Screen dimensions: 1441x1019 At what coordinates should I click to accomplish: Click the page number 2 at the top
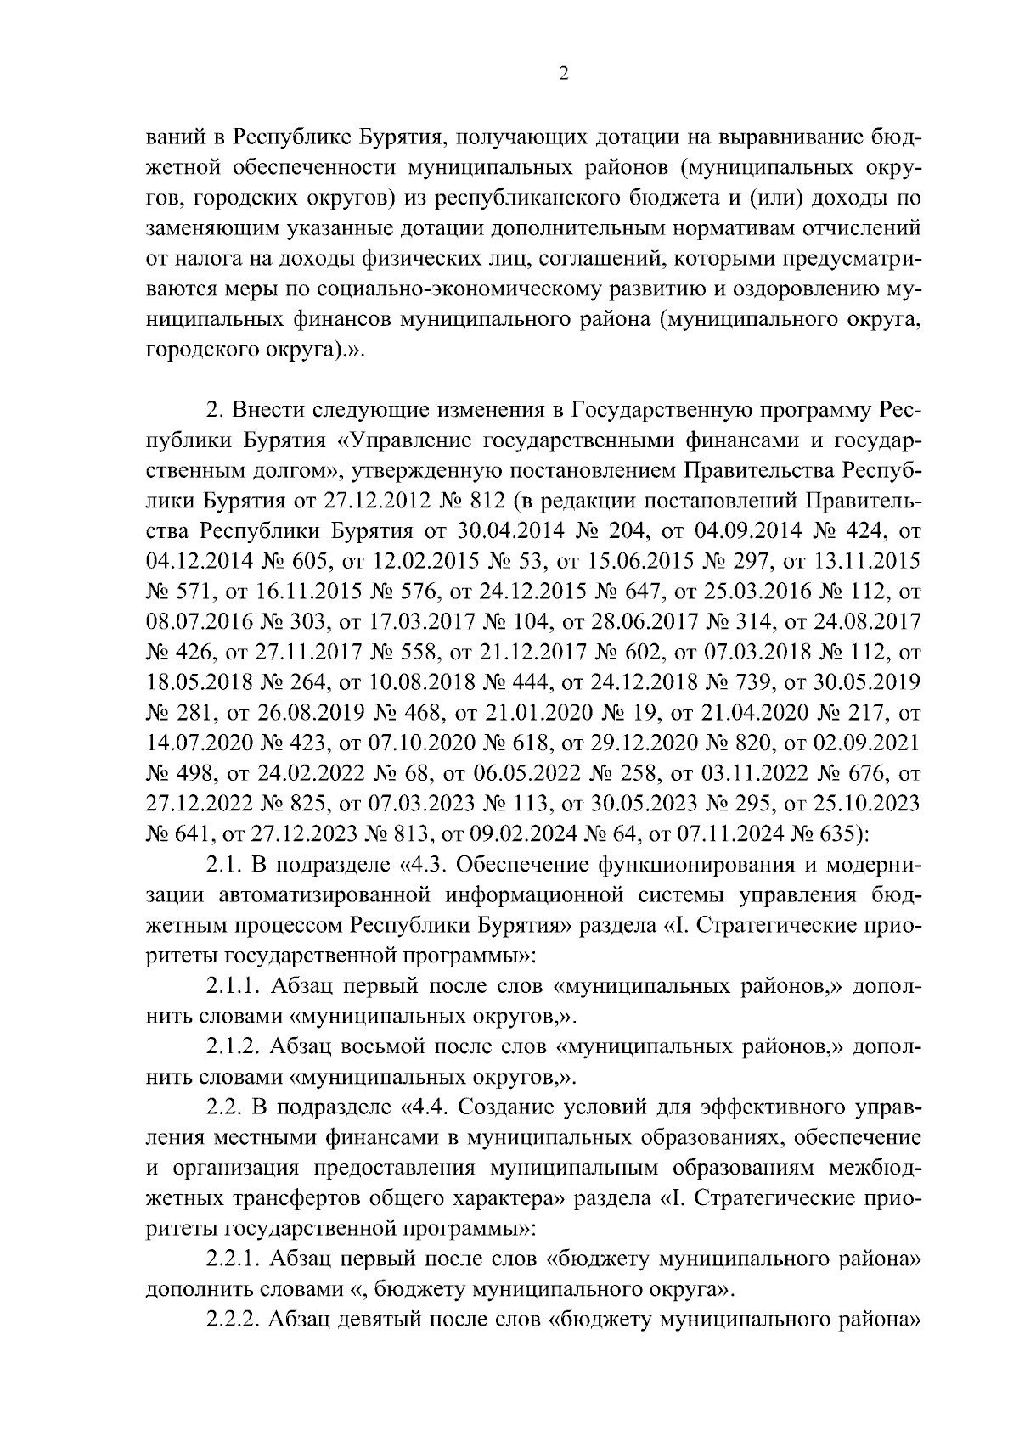tap(563, 74)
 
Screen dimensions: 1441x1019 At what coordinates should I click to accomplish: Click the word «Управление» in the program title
tap(410, 439)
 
